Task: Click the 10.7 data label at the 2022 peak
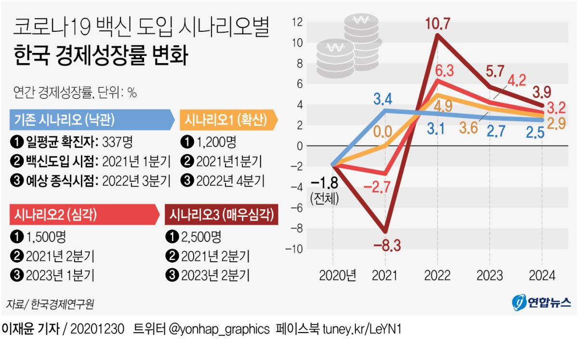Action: pyautogui.click(x=437, y=24)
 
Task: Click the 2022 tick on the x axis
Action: pyautogui.click(x=437, y=275)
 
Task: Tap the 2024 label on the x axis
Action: pyautogui.click(x=542, y=275)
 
